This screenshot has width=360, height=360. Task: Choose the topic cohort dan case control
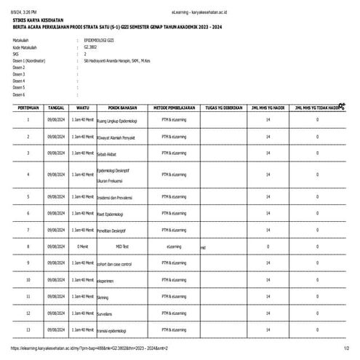[114, 263]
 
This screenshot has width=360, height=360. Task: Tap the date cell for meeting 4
[56, 175]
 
